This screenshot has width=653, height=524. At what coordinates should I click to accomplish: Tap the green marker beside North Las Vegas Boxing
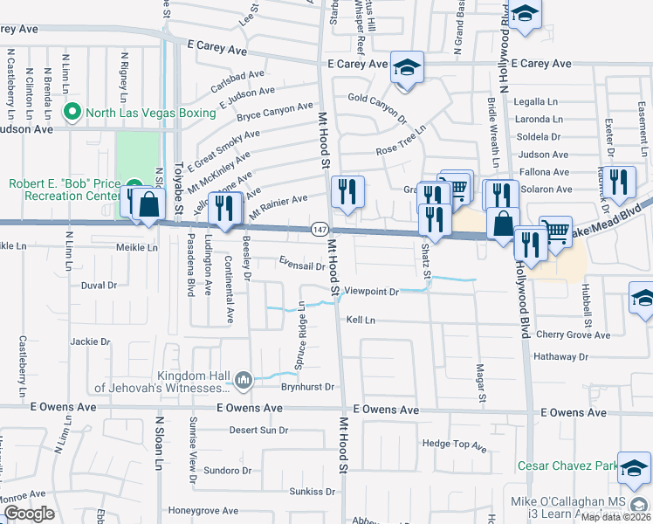pos(72,113)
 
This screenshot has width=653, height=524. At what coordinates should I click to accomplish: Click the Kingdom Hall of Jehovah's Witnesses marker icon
pos(243,380)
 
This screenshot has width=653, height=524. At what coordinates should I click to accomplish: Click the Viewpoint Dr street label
pos(371,292)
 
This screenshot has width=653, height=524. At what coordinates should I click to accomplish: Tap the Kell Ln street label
pos(360,321)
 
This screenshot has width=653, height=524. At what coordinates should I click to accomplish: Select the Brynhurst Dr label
pos(308,386)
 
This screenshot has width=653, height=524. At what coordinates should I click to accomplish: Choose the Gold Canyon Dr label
pos(378,106)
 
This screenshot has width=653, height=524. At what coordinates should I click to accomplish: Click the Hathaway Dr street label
pos(560,356)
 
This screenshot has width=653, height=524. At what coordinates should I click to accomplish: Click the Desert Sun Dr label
pos(258,430)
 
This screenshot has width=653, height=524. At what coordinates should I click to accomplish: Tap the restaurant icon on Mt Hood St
pos(347,192)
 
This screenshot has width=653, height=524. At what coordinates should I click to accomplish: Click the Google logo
pos(30,514)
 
